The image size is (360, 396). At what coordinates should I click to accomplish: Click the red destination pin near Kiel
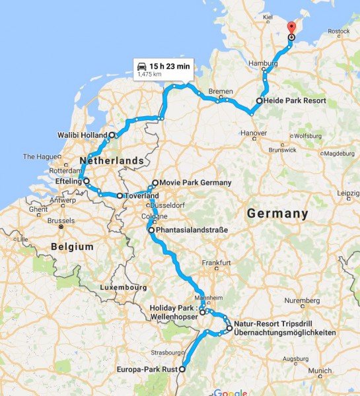click(x=291, y=28)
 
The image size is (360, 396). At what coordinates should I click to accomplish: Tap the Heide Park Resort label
click(x=295, y=101)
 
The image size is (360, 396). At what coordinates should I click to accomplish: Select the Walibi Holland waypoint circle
click(x=112, y=135)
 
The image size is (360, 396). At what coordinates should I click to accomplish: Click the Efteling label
click(x=68, y=180)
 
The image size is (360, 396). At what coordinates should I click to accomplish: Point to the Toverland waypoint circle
click(x=120, y=196)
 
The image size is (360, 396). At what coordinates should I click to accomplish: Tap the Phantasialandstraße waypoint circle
click(x=151, y=230)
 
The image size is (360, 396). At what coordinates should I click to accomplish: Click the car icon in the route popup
click(x=141, y=66)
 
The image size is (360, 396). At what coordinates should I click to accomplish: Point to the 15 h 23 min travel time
click(x=170, y=66)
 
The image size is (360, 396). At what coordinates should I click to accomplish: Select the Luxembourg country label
click(x=123, y=288)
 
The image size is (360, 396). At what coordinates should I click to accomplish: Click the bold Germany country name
click(x=277, y=214)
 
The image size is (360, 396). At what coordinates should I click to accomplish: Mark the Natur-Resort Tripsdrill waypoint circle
click(x=229, y=328)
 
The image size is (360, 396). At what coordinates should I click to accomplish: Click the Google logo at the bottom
click(x=230, y=392)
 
